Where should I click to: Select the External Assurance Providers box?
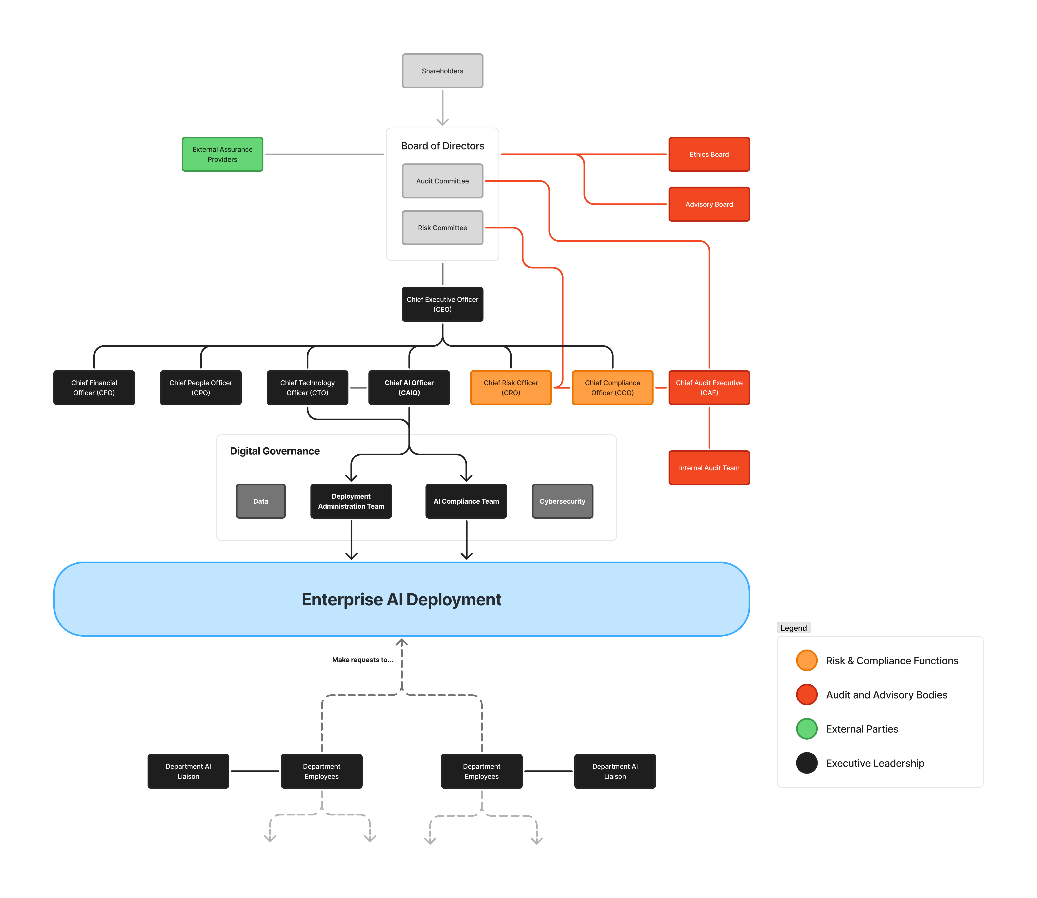click(222, 154)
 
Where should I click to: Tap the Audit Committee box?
click(442, 181)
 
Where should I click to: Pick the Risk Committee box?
click(442, 227)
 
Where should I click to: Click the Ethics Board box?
click(709, 154)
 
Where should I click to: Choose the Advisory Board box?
click(709, 204)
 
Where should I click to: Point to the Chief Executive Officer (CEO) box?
click(442, 304)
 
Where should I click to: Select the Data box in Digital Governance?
click(261, 501)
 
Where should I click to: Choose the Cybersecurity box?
click(562, 501)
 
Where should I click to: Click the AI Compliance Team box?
click(466, 501)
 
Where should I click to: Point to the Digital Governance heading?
click(274, 451)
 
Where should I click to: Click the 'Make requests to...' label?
click(362, 660)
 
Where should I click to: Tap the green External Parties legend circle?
click(807, 729)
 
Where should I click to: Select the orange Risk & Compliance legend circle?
click(807, 660)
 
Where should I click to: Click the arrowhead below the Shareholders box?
click(442, 122)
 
